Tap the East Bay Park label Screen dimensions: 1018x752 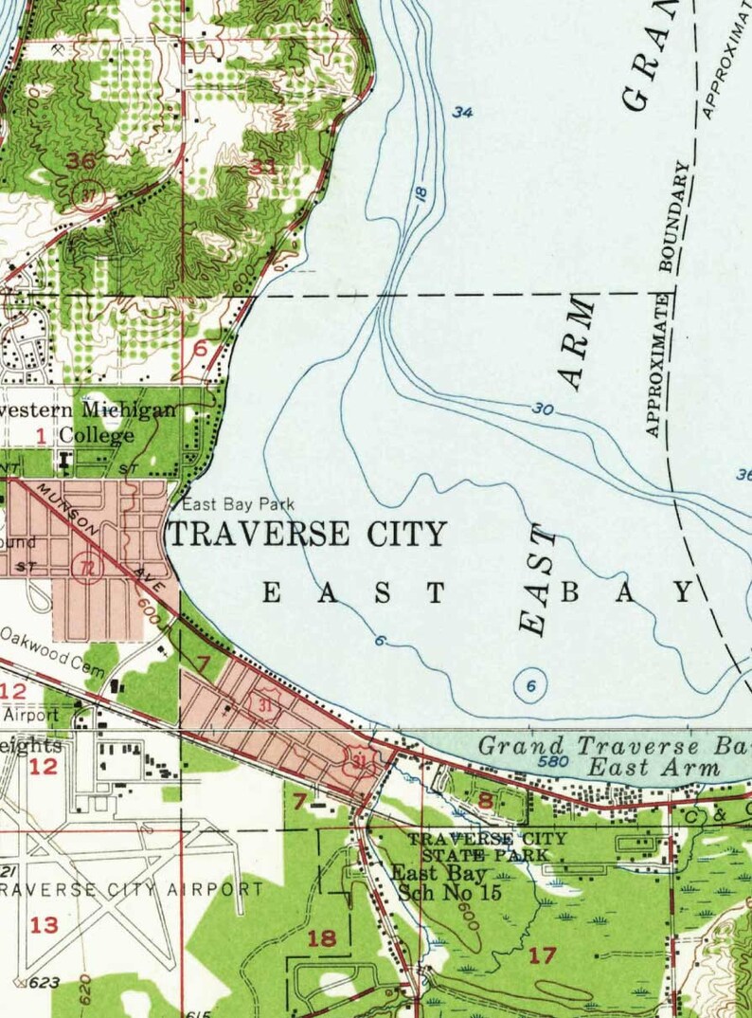pyautogui.click(x=239, y=504)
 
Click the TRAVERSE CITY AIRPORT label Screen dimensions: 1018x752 pyautogui.click(x=133, y=890)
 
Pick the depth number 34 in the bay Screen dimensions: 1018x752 pyautogui.click(x=462, y=113)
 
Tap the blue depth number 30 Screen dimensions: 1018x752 pyautogui.click(x=542, y=409)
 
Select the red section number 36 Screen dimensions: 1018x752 pyautogui.click(x=81, y=160)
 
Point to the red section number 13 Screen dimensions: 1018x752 pyautogui.click(x=45, y=925)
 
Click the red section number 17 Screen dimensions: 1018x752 pyautogui.click(x=542, y=955)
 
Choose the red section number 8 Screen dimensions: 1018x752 pyautogui.click(x=486, y=801)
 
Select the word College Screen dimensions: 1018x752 pyautogui.click(x=98, y=436)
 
